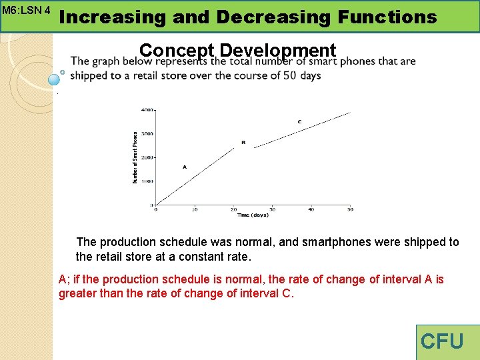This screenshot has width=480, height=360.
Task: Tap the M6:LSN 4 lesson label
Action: [x=27, y=11]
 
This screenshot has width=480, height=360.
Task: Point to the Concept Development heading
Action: [x=238, y=51]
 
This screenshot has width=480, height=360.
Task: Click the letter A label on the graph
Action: [x=184, y=167]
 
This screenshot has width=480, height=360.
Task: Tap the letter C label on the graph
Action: [x=299, y=121]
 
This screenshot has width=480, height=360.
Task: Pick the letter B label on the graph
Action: [x=243, y=142]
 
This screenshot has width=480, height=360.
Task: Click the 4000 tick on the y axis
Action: [x=147, y=109]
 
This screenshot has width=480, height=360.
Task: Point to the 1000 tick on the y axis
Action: [x=147, y=181]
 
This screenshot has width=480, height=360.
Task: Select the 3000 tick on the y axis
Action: [x=147, y=133]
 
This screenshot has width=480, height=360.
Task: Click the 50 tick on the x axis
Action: [x=350, y=210]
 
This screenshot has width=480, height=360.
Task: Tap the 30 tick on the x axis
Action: [x=272, y=210]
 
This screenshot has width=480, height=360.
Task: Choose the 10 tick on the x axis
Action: [x=195, y=210]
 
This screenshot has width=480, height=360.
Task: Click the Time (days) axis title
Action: [x=253, y=215]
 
